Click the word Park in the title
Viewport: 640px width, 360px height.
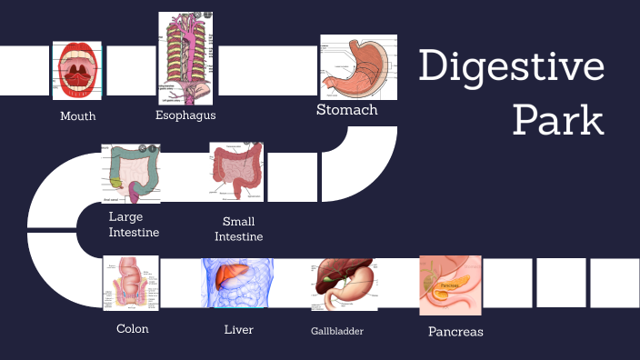[x=557, y=120]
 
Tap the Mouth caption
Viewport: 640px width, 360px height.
[x=78, y=116]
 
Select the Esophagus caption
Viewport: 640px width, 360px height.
[x=185, y=115]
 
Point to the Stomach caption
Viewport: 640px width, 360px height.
[x=346, y=110]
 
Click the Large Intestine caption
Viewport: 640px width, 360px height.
[x=134, y=225]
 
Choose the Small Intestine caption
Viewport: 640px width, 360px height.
[x=238, y=229]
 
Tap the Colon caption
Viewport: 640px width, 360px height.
[x=133, y=329]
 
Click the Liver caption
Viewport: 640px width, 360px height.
[x=238, y=329]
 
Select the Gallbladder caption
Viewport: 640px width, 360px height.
[x=337, y=331]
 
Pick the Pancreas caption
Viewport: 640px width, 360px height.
[x=455, y=332]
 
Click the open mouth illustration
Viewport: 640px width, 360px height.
[x=78, y=69]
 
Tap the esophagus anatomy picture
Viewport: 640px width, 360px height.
[x=186, y=58]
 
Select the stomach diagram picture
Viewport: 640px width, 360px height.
[x=358, y=67]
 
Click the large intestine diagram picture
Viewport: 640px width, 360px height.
[x=131, y=173]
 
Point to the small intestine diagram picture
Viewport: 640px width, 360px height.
[x=236, y=171]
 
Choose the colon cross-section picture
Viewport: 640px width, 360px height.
[x=131, y=283]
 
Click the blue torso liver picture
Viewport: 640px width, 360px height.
[x=238, y=283]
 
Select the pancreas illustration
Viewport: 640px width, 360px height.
[x=450, y=285]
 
